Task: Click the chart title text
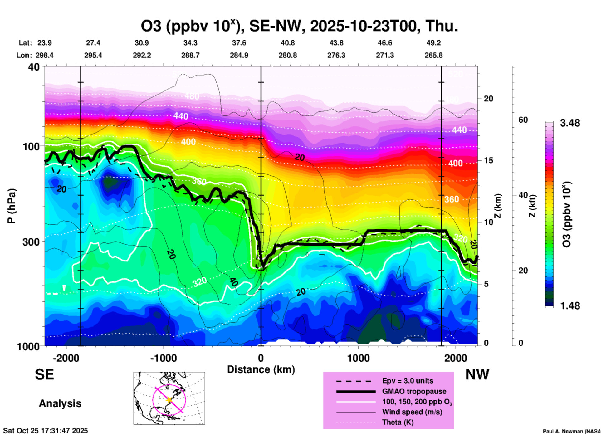(300, 26)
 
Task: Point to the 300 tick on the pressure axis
(31, 242)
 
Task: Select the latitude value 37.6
(239, 43)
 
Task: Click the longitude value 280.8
(288, 56)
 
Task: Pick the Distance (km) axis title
(261, 369)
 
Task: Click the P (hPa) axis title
(11, 206)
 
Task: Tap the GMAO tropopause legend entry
(414, 391)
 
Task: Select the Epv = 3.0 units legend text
(408, 381)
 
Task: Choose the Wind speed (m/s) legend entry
(412, 412)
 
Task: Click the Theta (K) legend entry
(398, 423)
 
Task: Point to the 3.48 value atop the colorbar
(570, 123)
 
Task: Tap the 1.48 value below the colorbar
(570, 306)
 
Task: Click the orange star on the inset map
(169, 400)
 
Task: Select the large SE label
(44, 374)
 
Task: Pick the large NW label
(477, 374)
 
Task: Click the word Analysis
(60, 403)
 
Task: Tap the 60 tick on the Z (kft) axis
(523, 120)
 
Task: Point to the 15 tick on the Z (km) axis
(488, 160)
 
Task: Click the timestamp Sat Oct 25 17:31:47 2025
(46, 431)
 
